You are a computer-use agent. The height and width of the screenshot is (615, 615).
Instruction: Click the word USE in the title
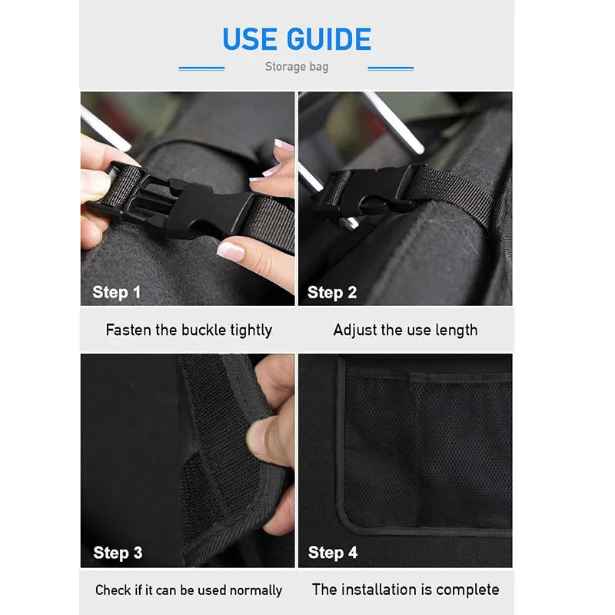251,39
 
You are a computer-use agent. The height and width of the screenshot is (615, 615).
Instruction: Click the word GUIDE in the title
329,39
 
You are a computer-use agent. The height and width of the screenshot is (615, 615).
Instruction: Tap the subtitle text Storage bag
297,67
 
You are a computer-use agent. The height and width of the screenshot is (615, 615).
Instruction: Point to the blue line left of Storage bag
201,68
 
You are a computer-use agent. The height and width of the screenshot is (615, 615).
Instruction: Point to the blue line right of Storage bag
391,68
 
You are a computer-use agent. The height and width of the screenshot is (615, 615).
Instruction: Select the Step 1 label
116,292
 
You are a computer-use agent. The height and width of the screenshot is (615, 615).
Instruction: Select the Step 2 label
332,292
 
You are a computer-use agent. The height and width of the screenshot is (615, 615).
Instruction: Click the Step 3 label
118,553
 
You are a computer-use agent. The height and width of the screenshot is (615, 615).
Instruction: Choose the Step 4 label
333,553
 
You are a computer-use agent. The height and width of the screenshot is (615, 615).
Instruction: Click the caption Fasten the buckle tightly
188,330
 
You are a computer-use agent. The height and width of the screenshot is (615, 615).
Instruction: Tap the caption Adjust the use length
405,330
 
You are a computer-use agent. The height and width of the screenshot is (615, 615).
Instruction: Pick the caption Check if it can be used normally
188,590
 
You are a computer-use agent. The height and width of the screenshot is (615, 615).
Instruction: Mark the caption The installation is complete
405,590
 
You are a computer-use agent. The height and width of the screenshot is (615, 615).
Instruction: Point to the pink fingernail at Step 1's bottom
230,251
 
